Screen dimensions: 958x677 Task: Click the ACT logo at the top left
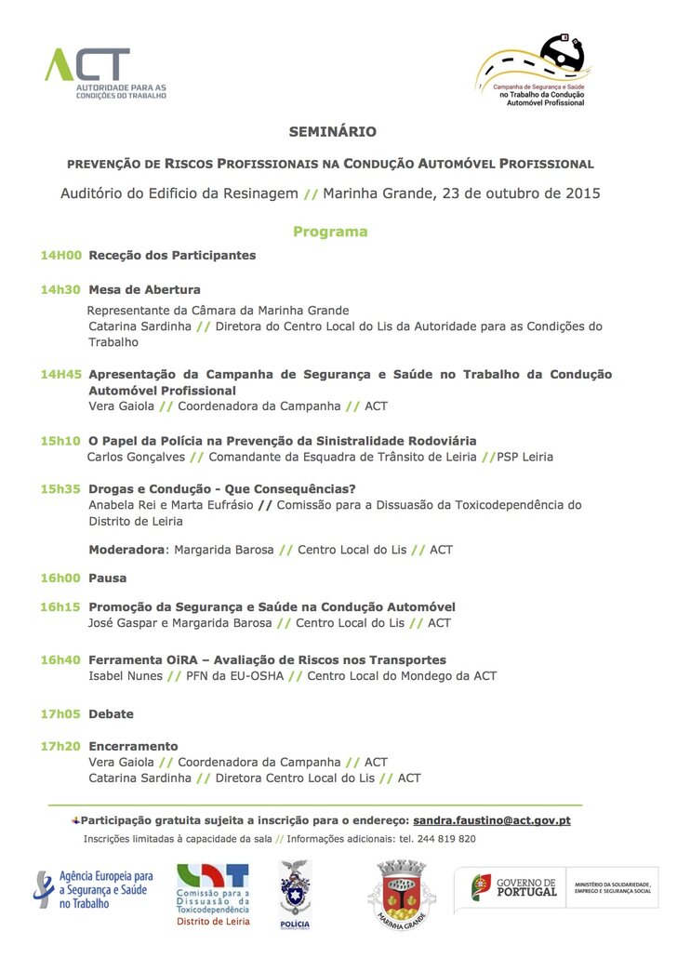coord(104,73)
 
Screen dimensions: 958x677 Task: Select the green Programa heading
coord(330,232)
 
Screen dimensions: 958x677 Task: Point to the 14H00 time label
coord(61,255)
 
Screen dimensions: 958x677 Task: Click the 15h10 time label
coord(60,440)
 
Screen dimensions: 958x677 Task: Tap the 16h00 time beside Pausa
coord(60,578)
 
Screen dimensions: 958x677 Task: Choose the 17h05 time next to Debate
coord(60,714)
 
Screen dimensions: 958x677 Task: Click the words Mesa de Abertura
coord(144,289)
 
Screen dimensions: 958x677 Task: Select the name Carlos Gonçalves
coord(135,457)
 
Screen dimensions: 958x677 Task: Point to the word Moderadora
coord(126,550)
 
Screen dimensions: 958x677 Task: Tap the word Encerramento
coord(133,746)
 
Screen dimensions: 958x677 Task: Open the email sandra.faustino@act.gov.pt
coord(492,820)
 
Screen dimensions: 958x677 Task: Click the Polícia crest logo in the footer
coord(295,893)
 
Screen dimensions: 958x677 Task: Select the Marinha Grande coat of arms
coord(402,895)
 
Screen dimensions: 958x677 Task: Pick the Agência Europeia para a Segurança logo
coord(93,889)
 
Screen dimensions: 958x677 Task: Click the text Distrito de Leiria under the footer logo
coord(213,922)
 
